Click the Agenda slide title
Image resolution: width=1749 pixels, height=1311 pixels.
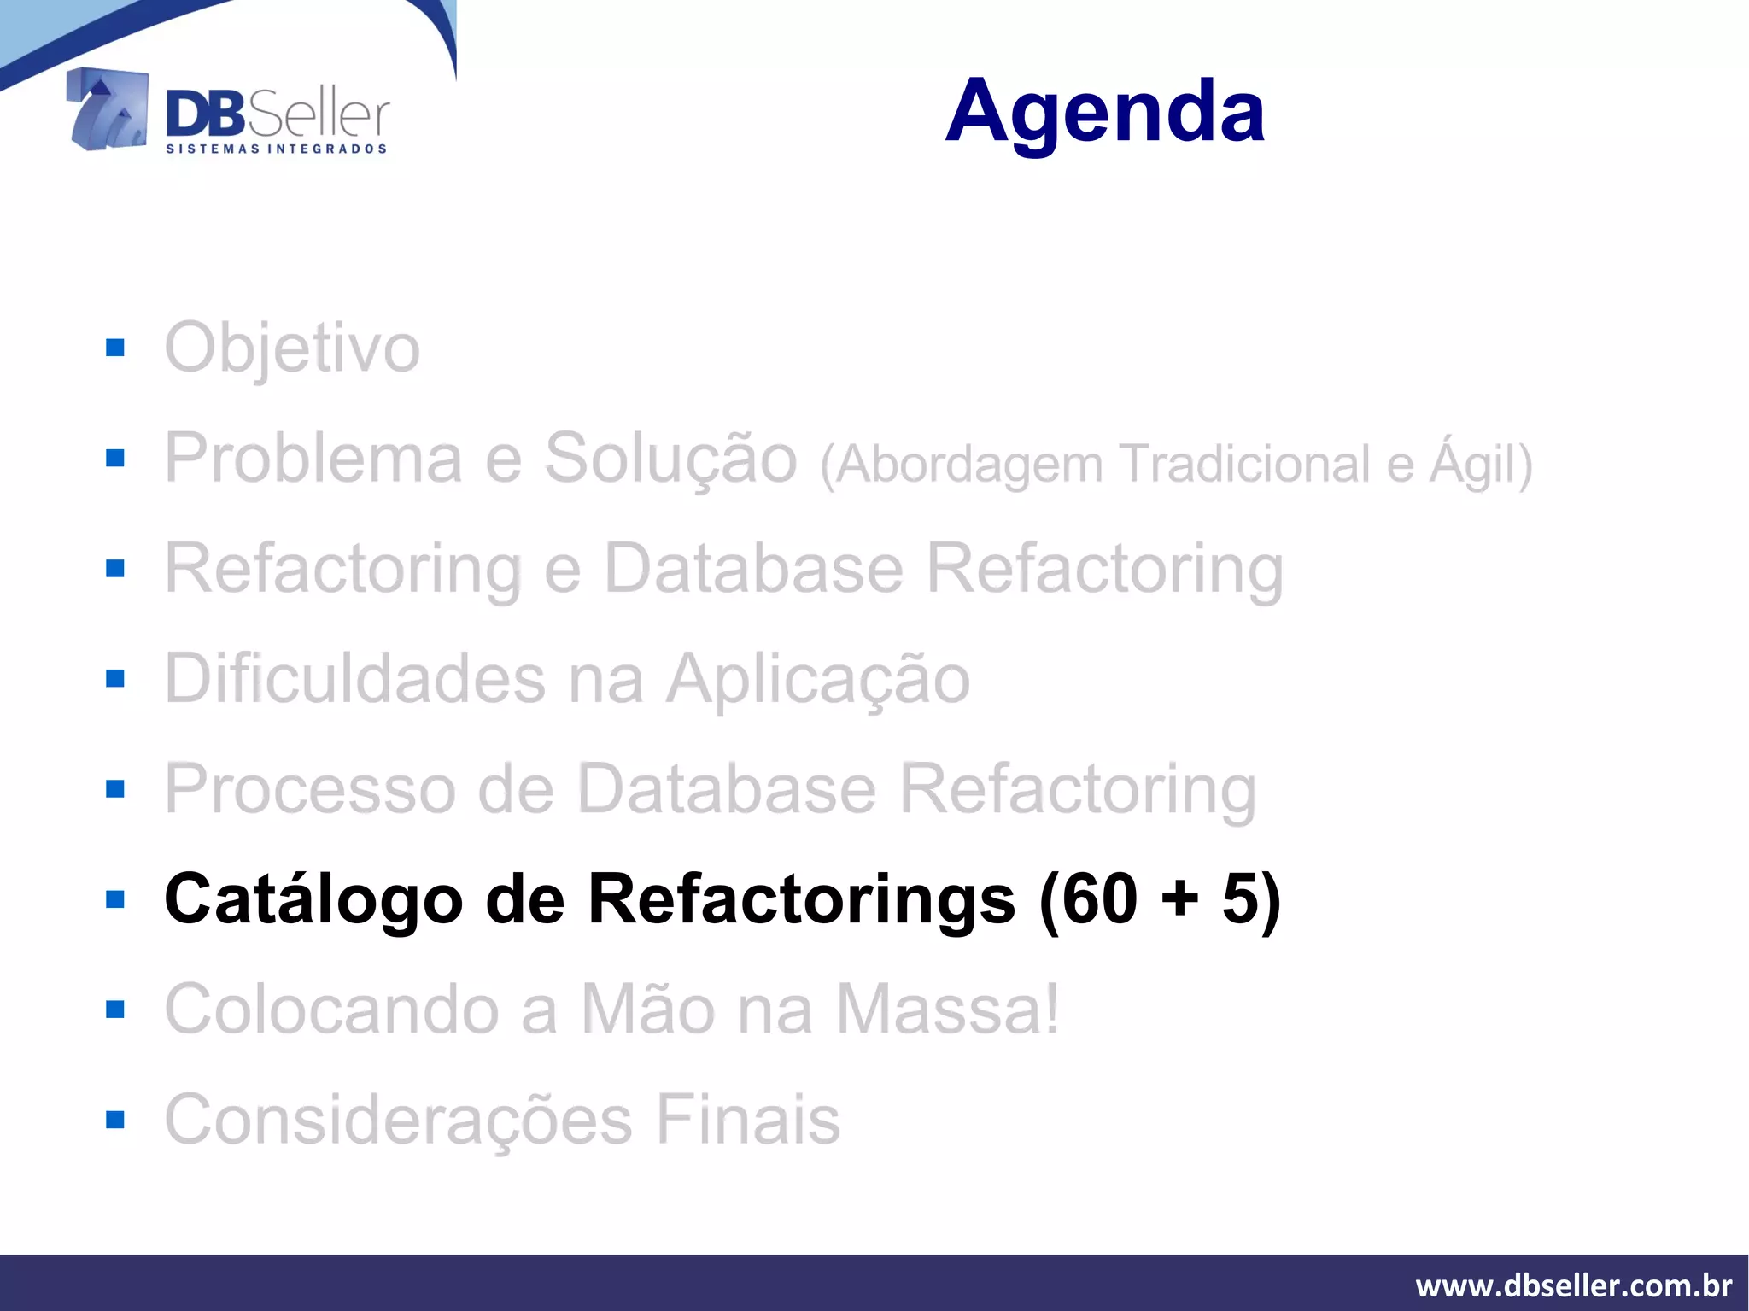click(1105, 111)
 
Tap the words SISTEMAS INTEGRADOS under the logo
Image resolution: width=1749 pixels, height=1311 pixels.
click(276, 149)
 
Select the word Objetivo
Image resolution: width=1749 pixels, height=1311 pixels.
click(292, 348)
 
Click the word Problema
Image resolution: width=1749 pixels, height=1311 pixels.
click(313, 459)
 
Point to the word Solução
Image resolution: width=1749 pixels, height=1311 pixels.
click(670, 459)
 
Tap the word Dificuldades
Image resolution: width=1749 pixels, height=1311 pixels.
click(354, 679)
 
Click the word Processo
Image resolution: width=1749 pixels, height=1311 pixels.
click(310, 789)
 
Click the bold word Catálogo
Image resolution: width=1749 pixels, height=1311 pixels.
click(313, 899)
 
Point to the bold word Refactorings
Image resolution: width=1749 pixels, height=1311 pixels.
click(802, 899)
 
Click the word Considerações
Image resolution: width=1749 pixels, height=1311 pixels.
click(399, 1120)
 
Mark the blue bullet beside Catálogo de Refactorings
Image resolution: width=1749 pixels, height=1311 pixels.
click(115, 899)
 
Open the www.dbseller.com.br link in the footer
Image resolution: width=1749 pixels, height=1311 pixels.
click(1573, 1285)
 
